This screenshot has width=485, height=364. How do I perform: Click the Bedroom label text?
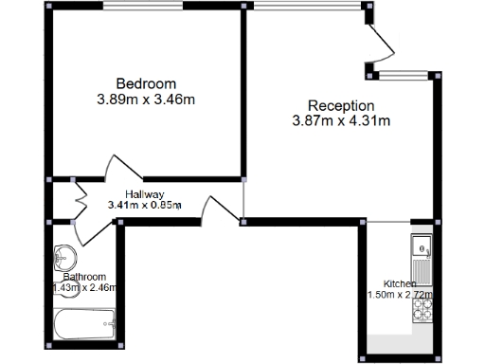click(x=146, y=82)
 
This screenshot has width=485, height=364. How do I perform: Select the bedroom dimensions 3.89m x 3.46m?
click(x=146, y=98)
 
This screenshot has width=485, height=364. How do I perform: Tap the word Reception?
click(x=341, y=105)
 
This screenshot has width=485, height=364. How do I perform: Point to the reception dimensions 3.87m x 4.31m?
click(x=341, y=120)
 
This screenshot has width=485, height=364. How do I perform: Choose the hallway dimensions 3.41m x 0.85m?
click(x=144, y=205)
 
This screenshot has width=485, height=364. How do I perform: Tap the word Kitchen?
click(x=399, y=283)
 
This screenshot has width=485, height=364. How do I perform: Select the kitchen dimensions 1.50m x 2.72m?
click(x=399, y=295)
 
